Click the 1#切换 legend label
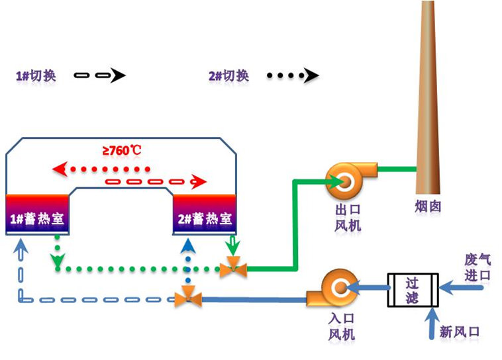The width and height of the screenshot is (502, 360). (36, 75)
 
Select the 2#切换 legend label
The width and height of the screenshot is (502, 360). (228, 75)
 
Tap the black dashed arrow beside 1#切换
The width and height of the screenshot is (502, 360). (99, 75)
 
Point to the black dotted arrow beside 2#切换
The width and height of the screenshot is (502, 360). (292, 75)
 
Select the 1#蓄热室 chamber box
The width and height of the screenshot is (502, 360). (38, 215)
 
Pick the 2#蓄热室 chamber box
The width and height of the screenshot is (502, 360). (205, 215)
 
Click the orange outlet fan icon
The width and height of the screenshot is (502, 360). (348, 177)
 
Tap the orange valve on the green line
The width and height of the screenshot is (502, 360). (233, 268)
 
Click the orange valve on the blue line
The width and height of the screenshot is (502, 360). (189, 300)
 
